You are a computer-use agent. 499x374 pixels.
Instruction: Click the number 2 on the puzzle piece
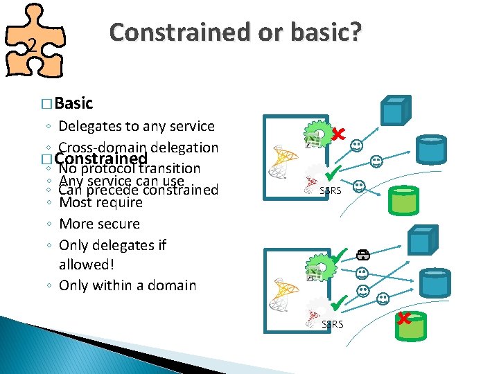tap(30, 46)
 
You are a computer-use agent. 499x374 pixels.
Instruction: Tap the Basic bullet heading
tap(73, 103)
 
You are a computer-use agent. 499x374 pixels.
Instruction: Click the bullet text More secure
tap(99, 224)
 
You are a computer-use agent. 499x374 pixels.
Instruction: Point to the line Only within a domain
tap(128, 285)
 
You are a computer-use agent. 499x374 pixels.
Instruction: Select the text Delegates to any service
tap(137, 126)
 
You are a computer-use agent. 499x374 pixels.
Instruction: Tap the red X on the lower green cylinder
tap(404, 319)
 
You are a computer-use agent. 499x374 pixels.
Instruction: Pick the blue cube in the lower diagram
tap(421, 241)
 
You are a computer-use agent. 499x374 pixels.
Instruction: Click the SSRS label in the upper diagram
tap(330, 190)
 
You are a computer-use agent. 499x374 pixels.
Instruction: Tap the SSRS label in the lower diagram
tap(332, 323)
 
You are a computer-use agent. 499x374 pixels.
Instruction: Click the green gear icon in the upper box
tap(319, 134)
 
